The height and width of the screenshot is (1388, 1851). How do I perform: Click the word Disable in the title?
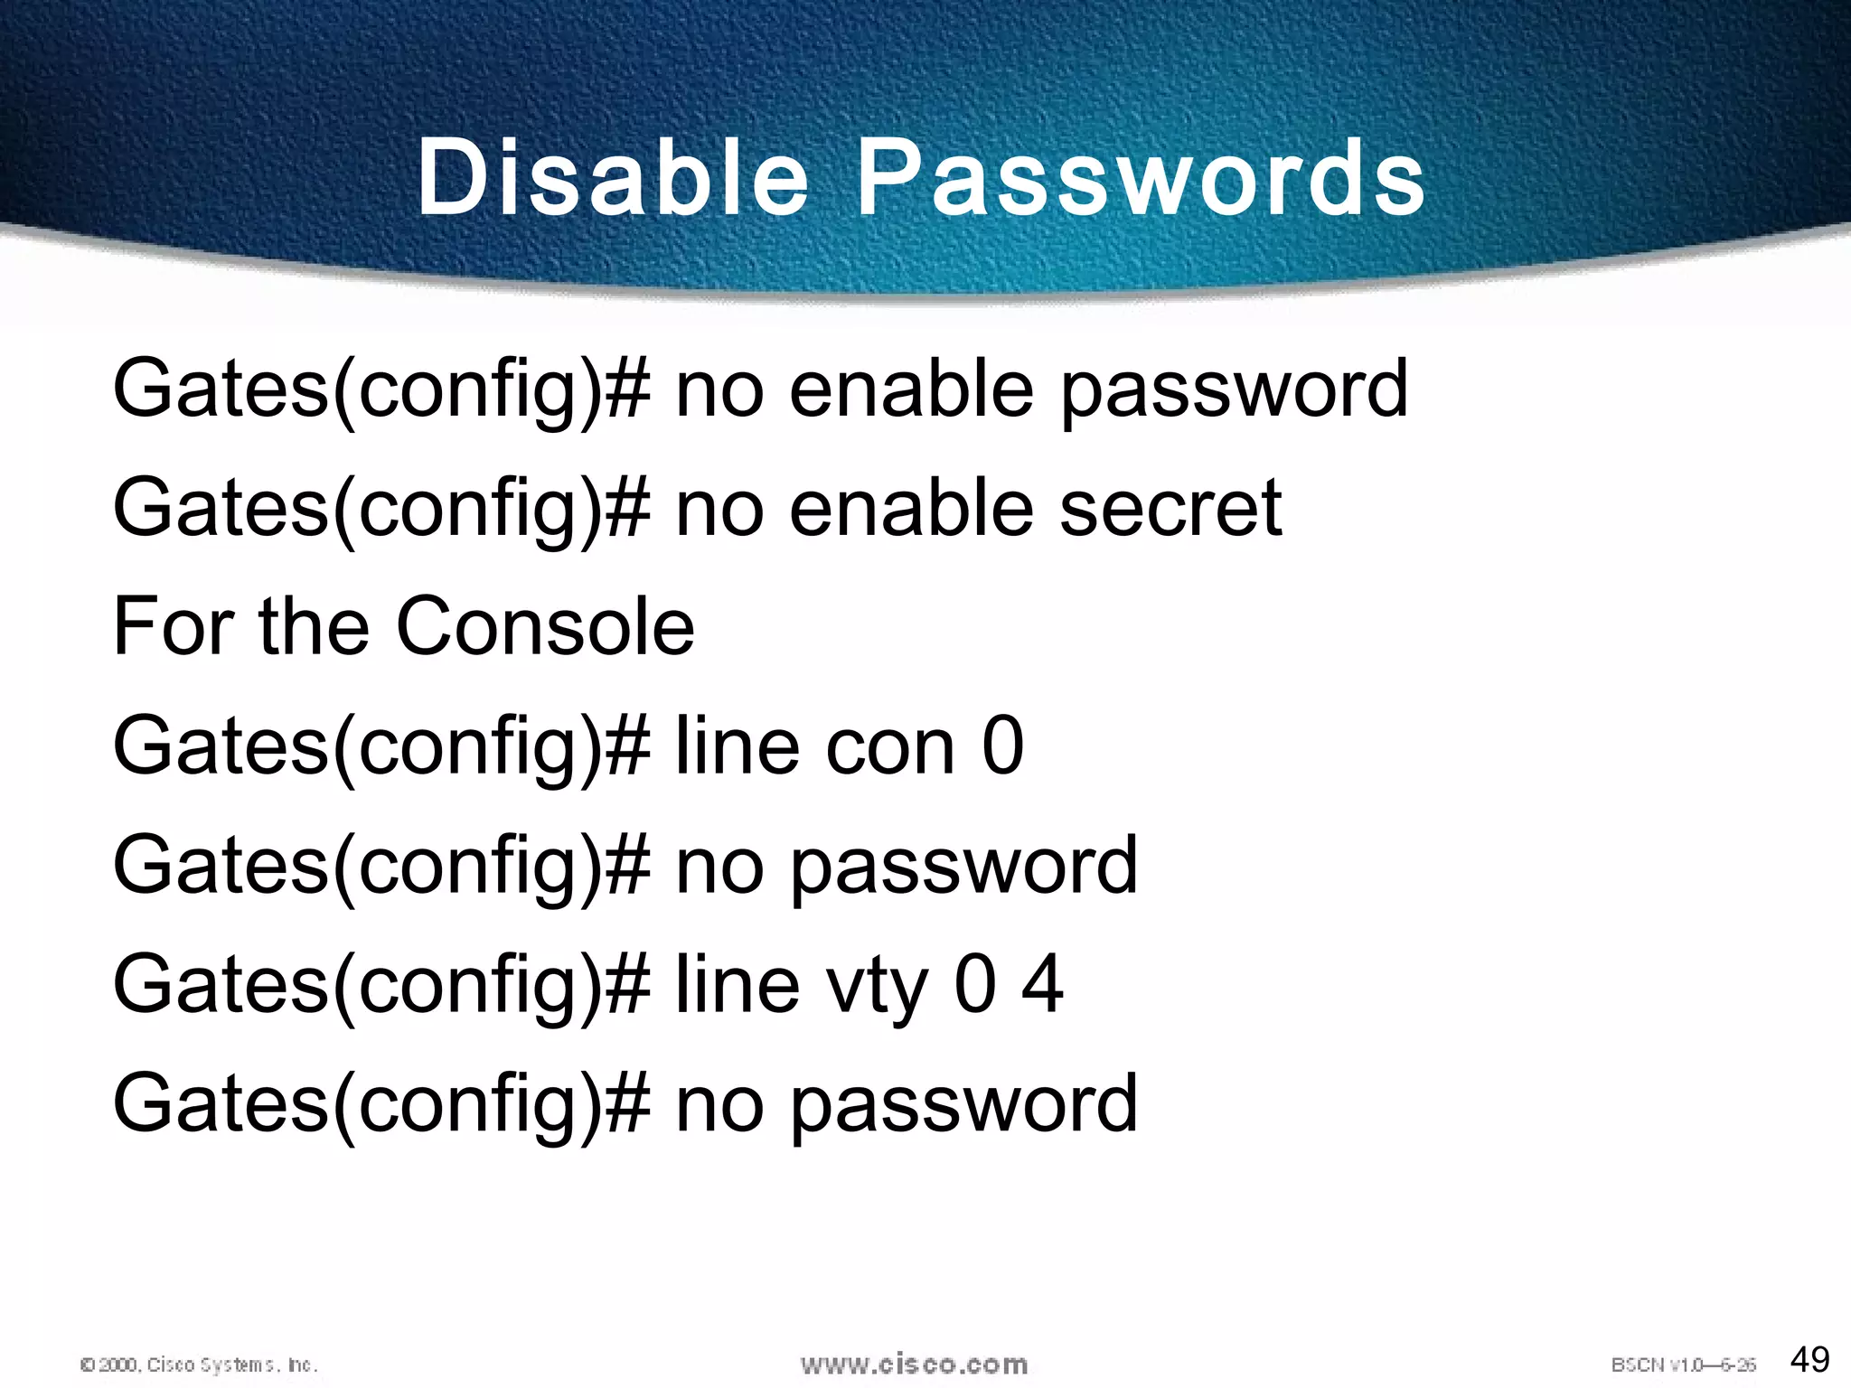(613, 177)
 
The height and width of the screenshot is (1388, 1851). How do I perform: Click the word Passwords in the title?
(1141, 177)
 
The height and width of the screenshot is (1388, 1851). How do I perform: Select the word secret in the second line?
(1170, 508)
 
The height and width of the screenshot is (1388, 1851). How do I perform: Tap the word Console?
(545, 626)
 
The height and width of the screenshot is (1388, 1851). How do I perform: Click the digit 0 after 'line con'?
(1002, 746)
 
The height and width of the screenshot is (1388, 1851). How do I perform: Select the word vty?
(876, 985)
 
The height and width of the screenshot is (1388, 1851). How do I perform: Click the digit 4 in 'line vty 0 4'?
(1043, 984)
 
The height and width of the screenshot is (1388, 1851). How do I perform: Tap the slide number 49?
(1809, 1358)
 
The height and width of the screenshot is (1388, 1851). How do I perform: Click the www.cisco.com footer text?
(914, 1364)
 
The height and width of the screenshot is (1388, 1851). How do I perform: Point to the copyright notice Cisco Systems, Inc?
(199, 1365)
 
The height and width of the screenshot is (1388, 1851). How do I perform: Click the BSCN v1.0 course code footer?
(1683, 1365)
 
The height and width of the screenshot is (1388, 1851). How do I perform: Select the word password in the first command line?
(1234, 390)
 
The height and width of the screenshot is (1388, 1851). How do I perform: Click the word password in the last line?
(963, 1104)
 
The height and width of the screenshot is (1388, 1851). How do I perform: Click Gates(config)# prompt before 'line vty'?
(381, 985)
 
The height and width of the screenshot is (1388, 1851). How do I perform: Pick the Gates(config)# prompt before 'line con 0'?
(381, 746)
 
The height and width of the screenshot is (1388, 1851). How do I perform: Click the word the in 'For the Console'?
(314, 626)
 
